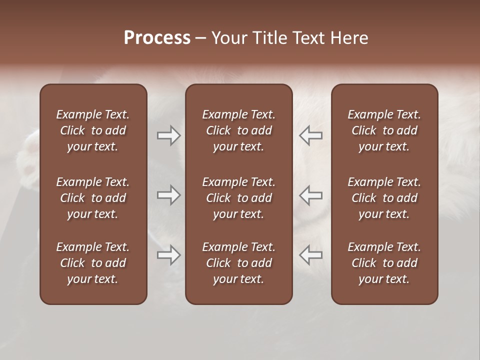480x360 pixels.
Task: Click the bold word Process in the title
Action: [x=157, y=38]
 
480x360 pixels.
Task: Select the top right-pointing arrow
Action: [x=168, y=135]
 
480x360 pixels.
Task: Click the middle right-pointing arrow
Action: [x=168, y=195]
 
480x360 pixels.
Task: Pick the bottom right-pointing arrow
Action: [x=168, y=255]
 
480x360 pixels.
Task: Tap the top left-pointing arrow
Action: [x=310, y=135]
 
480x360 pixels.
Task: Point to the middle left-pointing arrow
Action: [x=310, y=195]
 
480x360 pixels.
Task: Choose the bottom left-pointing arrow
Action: [x=310, y=255]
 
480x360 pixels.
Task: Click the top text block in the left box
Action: [x=93, y=130]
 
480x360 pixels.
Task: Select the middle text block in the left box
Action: [x=93, y=198]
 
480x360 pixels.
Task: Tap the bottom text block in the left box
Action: [x=93, y=263]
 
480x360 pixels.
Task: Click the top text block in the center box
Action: [x=238, y=130]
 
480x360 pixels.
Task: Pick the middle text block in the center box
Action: [x=238, y=198]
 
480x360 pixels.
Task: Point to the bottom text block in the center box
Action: [x=238, y=263]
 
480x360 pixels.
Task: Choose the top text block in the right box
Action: [x=384, y=130]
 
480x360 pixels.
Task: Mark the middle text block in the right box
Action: [x=384, y=198]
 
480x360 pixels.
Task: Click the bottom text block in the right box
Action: [x=384, y=263]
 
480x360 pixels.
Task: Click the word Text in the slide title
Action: [x=307, y=38]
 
